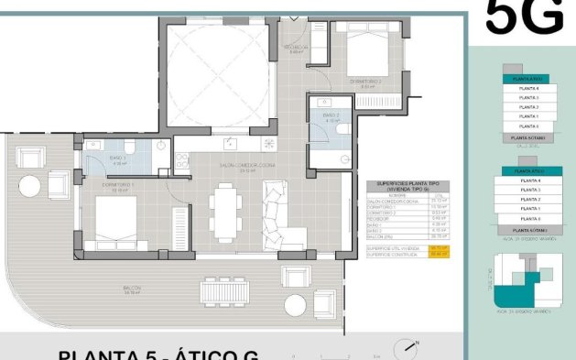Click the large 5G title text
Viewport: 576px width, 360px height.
(523, 16)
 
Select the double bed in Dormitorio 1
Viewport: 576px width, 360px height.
(115, 223)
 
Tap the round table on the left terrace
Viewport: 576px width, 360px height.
(28, 187)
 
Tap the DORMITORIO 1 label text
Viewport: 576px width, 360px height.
(118, 186)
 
